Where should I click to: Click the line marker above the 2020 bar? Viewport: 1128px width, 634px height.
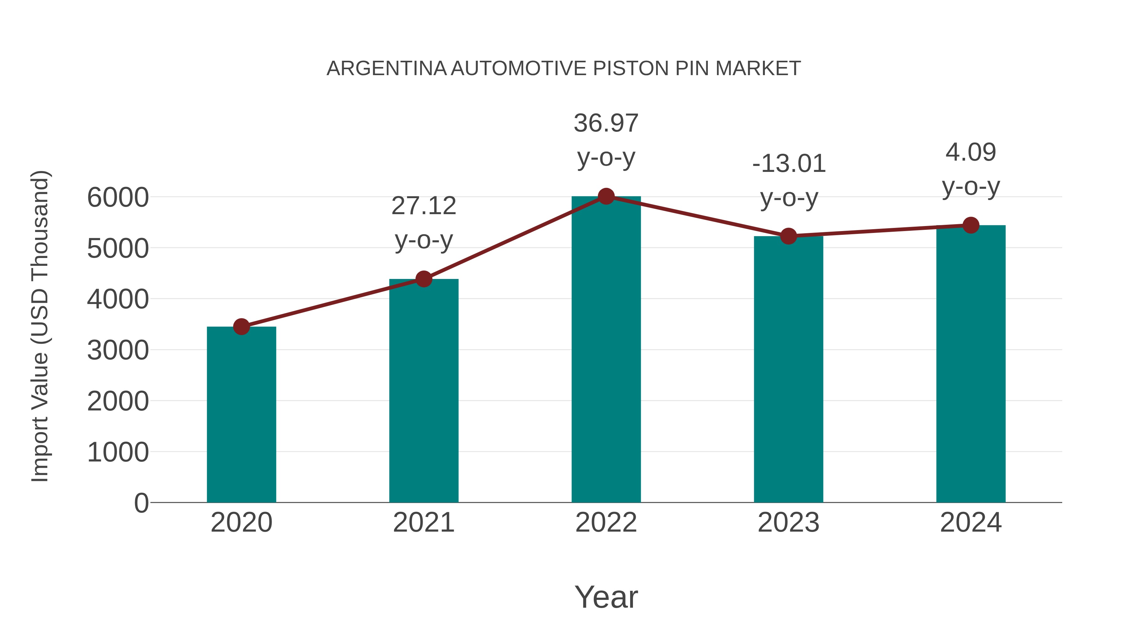241,327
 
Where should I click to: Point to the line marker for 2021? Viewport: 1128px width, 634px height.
423,279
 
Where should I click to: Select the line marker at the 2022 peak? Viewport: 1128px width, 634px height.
606,196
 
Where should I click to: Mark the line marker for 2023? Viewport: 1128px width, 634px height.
788,236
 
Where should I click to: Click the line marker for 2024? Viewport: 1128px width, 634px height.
971,225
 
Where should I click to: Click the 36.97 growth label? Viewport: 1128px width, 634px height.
606,140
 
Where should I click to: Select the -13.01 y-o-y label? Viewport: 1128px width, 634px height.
789,180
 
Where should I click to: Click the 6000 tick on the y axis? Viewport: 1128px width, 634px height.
118,197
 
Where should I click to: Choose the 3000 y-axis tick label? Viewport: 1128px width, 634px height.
118,350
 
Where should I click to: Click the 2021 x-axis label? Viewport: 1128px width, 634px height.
423,523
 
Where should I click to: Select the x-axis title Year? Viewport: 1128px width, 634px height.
606,597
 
